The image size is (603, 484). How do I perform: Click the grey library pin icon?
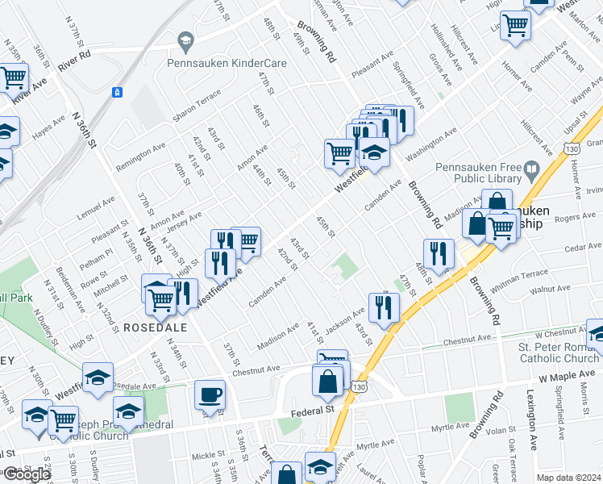[530, 170]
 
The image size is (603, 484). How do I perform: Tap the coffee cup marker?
[210, 395]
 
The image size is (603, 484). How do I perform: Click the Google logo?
[27, 474]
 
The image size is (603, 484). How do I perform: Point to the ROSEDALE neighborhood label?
[156, 328]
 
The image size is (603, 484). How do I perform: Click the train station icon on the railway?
[118, 92]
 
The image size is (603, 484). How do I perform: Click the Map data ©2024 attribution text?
[568, 478]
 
